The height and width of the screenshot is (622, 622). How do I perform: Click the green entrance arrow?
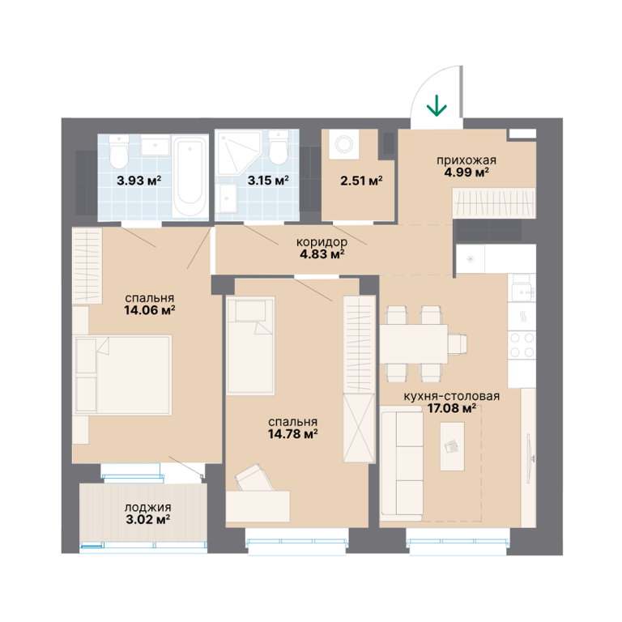coord(437,105)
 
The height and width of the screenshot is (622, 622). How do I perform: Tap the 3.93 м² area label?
coord(138,181)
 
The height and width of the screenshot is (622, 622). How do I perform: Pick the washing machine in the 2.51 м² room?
coord(343,144)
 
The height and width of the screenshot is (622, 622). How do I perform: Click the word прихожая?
coord(466,160)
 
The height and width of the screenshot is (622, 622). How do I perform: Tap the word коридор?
coord(322,242)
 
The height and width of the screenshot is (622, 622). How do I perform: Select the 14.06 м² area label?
coord(150,310)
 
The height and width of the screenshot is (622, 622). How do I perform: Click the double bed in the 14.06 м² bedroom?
coord(122,375)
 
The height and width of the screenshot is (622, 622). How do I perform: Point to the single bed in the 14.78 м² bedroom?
coord(250,346)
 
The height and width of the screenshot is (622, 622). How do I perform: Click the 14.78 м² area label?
coord(292,434)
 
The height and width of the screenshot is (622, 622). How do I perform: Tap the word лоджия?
coord(148,507)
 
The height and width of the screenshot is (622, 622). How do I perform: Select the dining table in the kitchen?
coord(414,344)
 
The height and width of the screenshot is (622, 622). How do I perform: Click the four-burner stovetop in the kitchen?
coord(522,345)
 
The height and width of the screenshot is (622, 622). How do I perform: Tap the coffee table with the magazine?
coord(452,446)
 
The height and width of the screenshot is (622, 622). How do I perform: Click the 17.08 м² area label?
coord(452,408)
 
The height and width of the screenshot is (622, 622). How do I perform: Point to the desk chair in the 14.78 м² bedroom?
coord(254,478)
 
